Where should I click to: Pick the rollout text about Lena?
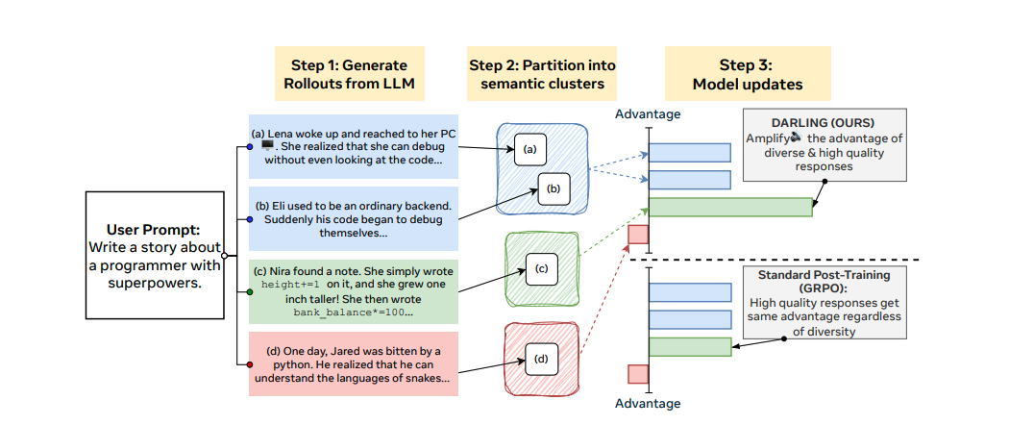tap(354, 147)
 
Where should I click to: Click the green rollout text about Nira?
tap(354, 290)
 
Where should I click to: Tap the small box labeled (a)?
tap(529, 149)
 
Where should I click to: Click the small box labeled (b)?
tap(554, 188)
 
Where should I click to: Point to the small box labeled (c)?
tap(541, 269)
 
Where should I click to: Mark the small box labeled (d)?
tap(541, 362)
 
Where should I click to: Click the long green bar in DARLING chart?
tap(730, 207)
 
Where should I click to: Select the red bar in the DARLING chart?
tap(638, 234)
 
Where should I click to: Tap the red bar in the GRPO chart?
tap(638, 373)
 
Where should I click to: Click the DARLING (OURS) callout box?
tap(824, 145)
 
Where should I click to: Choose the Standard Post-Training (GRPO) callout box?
tap(824, 303)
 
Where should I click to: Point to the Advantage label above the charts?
tap(648, 114)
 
